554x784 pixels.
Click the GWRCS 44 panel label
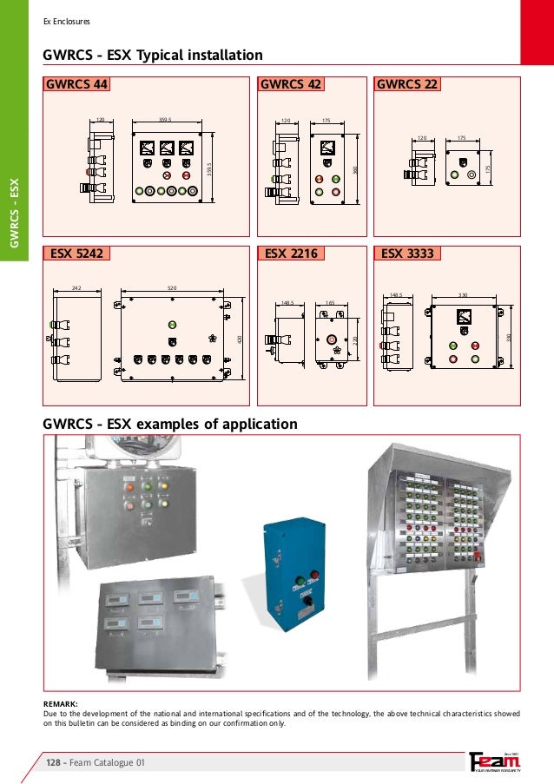[75, 85]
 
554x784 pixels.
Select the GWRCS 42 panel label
[291, 85]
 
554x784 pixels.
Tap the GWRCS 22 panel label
[406, 85]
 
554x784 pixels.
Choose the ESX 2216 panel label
[289, 254]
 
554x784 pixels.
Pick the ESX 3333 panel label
[406, 254]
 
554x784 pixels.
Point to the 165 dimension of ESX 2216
[330, 303]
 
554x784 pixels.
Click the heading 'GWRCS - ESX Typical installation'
[153, 56]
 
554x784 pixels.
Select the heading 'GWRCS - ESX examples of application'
[170, 425]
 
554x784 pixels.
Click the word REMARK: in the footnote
[61, 703]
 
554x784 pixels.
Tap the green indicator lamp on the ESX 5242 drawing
[172, 326]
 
